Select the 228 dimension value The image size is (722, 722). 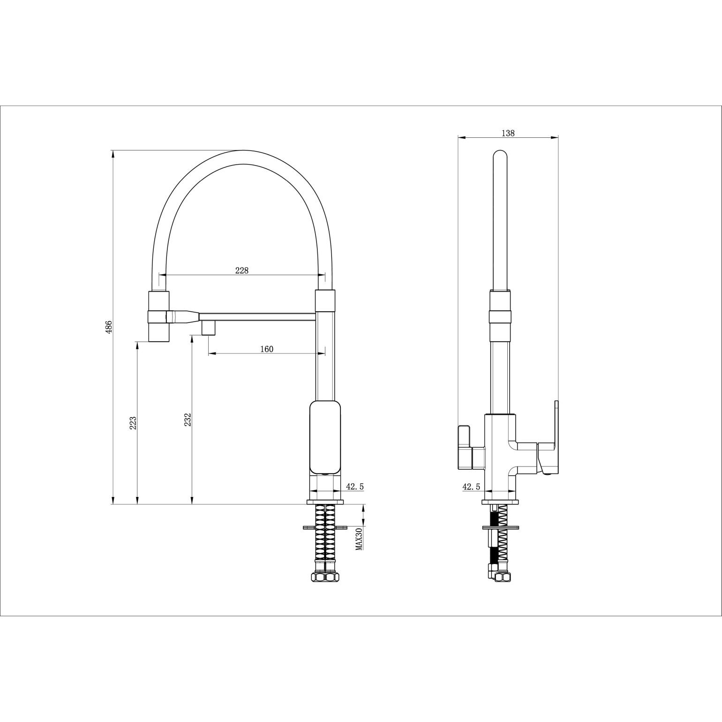point(241,270)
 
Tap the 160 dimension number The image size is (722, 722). point(266,349)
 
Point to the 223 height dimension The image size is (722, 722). point(133,423)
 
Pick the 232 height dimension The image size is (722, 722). point(187,420)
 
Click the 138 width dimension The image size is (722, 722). point(508,133)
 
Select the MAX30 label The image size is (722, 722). point(359,539)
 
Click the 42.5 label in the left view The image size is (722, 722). point(354,487)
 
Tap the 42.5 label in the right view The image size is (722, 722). point(471,487)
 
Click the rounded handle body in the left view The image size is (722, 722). point(325,437)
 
